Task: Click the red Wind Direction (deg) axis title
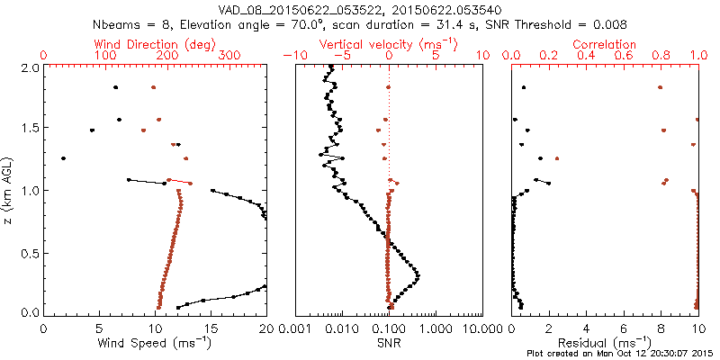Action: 155,44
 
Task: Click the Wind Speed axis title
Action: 155,343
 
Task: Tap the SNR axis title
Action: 389,343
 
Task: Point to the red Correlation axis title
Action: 605,44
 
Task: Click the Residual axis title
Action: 605,343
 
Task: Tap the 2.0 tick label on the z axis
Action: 28,67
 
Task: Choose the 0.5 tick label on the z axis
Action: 28,251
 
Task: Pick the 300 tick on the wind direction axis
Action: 229,56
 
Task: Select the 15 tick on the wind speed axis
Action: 211,328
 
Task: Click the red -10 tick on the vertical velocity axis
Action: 290,56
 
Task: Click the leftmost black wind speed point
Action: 63,158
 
